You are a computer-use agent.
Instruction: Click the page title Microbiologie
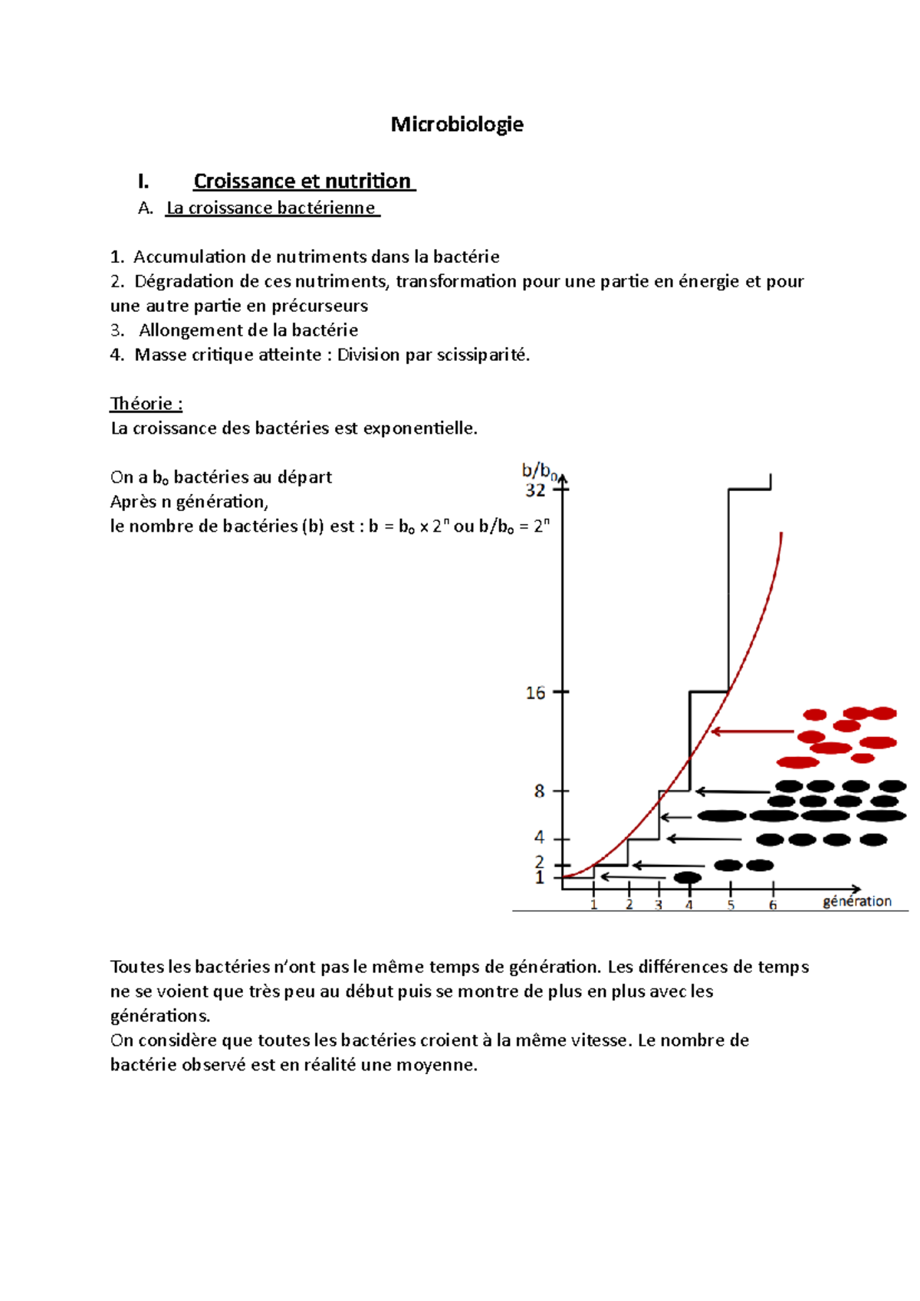pos(457,124)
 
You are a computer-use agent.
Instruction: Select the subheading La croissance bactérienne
pos(271,208)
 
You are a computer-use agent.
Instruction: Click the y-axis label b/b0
pos(538,470)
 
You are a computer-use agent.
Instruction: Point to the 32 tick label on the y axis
pos(535,490)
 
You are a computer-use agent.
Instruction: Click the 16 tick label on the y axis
pos(535,693)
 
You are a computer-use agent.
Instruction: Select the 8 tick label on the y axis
pos(539,791)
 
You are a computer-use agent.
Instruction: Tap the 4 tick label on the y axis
pos(539,837)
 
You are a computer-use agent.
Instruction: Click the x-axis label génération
pos(857,901)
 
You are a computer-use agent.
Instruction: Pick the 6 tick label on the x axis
pos(773,905)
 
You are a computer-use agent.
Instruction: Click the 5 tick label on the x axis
pos(731,905)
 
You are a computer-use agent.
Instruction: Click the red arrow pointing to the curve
pos(751,732)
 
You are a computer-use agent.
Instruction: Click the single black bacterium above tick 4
pos(688,877)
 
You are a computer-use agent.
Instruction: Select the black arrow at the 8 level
pos(732,791)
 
